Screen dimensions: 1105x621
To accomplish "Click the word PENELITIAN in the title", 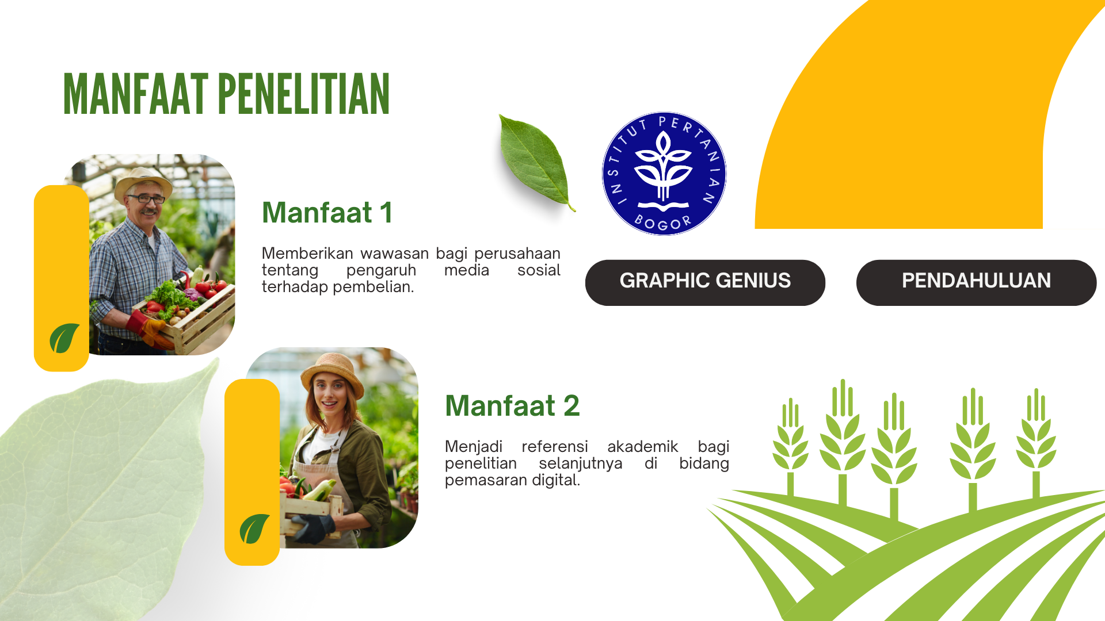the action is [304, 94].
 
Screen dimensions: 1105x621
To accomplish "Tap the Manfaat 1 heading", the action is [327, 213].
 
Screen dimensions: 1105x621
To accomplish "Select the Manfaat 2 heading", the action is [512, 406].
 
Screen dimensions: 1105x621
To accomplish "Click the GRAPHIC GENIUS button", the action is [705, 282].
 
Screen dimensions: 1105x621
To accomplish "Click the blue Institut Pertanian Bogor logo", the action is [664, 174].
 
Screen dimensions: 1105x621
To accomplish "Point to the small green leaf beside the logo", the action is [535, 162].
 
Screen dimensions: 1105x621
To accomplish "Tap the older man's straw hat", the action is [143, 181].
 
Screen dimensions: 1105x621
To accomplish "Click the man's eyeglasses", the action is [146, 199].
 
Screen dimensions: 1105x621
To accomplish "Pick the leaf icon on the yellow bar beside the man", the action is [64, 338].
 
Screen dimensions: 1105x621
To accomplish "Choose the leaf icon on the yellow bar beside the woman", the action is [254, 528].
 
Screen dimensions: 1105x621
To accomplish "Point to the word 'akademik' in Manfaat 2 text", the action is [643, 447].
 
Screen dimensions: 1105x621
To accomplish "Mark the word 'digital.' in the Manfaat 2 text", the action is [556, 481].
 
